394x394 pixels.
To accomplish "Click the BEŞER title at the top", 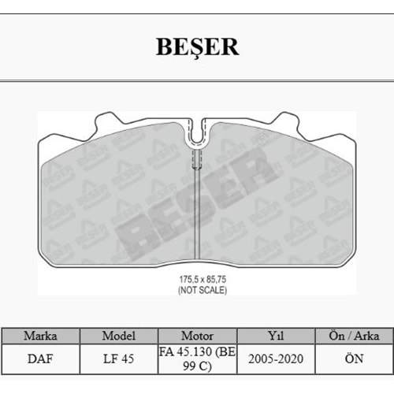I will tap(197, 46).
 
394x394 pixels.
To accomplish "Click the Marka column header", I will tap(40, 335).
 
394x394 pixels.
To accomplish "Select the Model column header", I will tap(118, 335).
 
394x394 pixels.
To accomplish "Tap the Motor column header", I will tap(197, 335).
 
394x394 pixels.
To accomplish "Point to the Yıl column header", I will tap(275, 335).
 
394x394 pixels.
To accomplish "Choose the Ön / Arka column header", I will tap(353, 335).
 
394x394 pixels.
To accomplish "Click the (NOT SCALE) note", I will tap(197, 290).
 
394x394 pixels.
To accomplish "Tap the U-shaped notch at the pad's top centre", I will tap(197, 134).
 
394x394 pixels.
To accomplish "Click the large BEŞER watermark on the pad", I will tap(197, 197).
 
